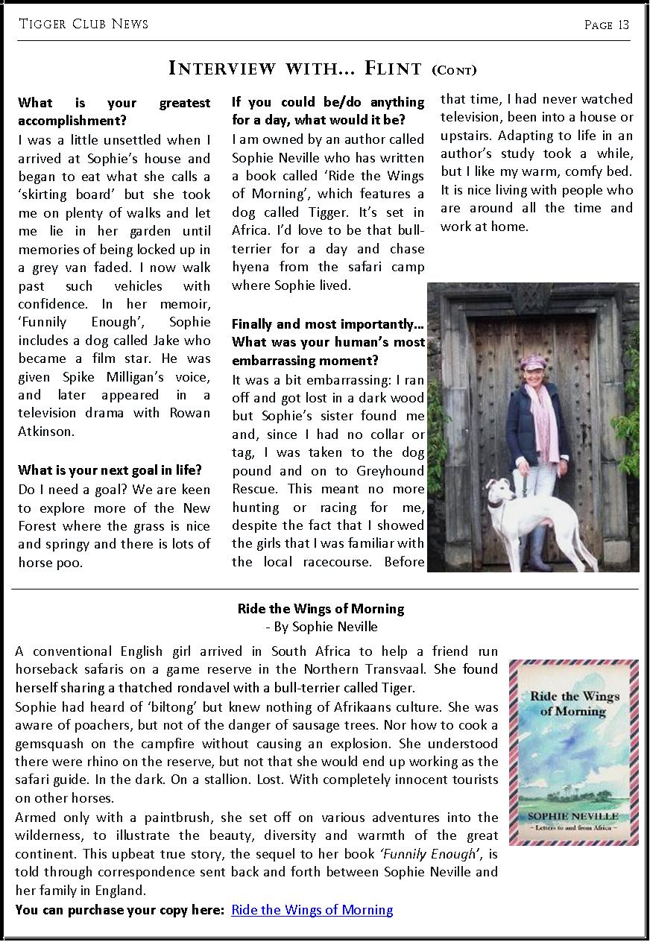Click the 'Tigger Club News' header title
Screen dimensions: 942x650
tap(83, 25)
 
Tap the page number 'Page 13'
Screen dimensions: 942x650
tap(607, 25)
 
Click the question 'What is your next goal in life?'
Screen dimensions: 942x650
tap(110, 470)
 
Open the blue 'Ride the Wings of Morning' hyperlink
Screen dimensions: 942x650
tap(312, 910)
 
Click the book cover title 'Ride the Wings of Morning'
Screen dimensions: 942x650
tap(574, 704)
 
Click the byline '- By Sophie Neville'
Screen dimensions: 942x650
tap(321, 627)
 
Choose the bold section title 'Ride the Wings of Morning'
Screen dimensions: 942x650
tap(321, 609)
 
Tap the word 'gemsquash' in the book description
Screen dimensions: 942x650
tap(48, 744)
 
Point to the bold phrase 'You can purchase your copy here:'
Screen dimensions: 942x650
tap(120, 910)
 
